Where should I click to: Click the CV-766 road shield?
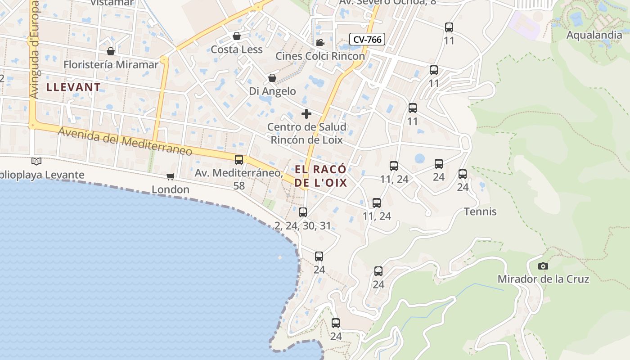pyautogui.click(x=367, y=40)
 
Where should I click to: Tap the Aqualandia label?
pyautogui.click(x=594, y=35)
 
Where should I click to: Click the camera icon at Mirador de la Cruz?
pyautogui.click(x=543, y=266)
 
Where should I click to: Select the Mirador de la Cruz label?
pyautogui.click(x=543, y=279)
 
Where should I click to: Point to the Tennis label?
pyautogui.click(x=480, y=211)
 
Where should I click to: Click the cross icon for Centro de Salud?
pyautogui.click(x=306, y=114)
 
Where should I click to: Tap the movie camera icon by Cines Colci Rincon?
pyautogui.click(x=320, y=43)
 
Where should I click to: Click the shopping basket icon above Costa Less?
pyautogui.click(x=237, y=36)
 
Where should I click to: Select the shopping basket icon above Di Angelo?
pyautogui.click(x=272, y=78)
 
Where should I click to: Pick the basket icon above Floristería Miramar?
pyautogui.click(x=111, y=51)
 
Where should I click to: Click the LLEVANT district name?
pyautogui.click(x=73, y=87)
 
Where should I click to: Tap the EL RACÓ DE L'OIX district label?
pyautogui.click(x=321, y=176)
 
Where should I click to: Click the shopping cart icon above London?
pyautogui.click(x=170, y=176)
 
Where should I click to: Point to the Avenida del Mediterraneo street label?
pyautogui.click(x=125, y=141)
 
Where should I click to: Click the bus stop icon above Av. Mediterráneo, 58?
pyautogui.click(x=239, y=160)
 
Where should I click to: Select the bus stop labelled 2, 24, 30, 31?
pyautogui.click(x=303, y=212)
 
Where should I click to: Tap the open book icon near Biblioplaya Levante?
pyautogui.click(x=36, y=161)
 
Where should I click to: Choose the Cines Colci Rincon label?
pyautogui.click(x=320, y=56)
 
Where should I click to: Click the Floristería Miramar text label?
pyautogui.click(x=111, y=64)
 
